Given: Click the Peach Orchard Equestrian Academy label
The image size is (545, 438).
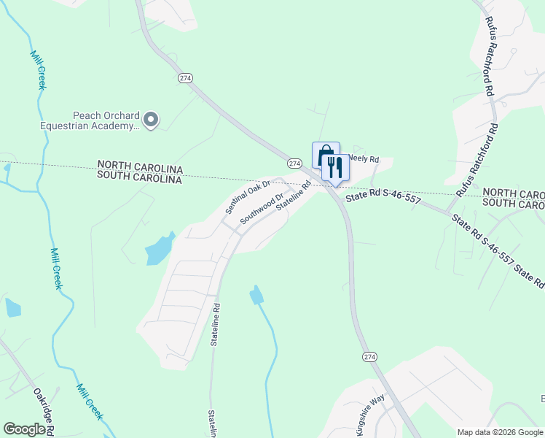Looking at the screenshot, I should click(105, 120).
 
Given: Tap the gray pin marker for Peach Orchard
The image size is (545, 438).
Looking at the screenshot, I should click(151, 120).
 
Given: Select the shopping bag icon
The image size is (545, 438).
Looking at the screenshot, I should click(326, 155).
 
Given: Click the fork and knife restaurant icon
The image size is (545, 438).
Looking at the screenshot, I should click(335, 167).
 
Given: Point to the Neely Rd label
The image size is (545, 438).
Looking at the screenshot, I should click(364, 158).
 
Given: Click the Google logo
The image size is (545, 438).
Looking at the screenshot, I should click(24, 429).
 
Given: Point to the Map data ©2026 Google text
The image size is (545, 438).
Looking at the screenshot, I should click(500, 432).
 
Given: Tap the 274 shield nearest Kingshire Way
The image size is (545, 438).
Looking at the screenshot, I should click(370, 356).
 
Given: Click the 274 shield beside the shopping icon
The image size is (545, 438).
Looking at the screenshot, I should click(294, 164).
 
